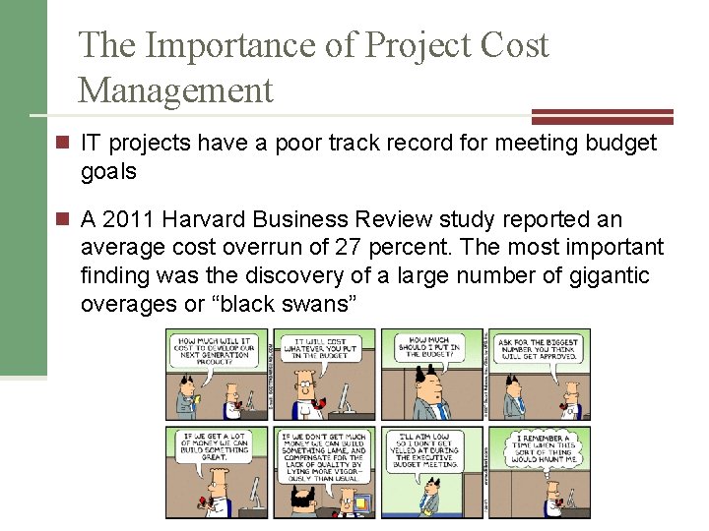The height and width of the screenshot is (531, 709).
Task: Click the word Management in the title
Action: tap(175, 90)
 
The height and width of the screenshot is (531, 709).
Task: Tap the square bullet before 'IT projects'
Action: tap(62, 144)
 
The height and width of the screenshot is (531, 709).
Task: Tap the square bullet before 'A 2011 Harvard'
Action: tap(62, 218)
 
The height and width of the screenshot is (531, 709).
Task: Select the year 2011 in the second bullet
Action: tap(127, 218)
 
